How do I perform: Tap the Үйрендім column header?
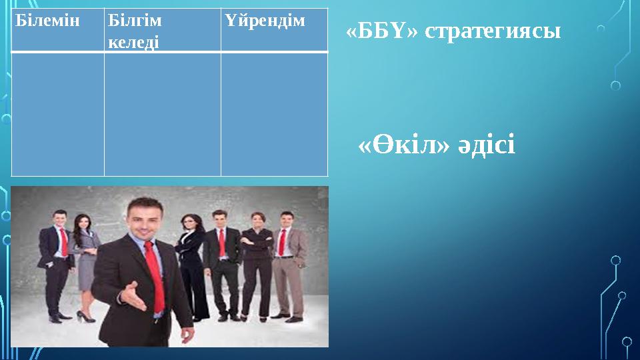(265, 21)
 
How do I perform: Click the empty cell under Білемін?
(58, 114)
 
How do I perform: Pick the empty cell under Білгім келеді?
(162, 114)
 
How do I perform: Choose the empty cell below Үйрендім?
(274, 114)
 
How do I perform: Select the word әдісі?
(486, 145)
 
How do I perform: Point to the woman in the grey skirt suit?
(85, 260)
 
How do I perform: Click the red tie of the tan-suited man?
(282, 241)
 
